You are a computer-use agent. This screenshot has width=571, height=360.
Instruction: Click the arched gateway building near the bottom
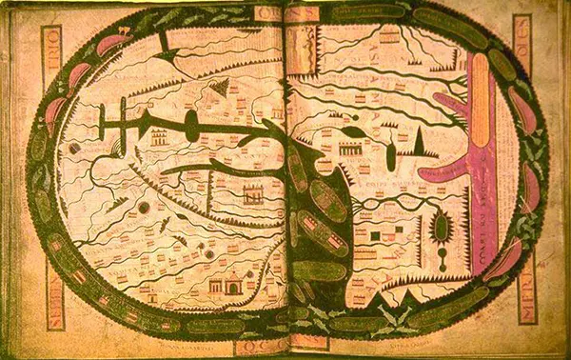coord(232,282)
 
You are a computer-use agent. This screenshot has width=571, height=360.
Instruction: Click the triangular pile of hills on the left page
coord(222,88)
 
